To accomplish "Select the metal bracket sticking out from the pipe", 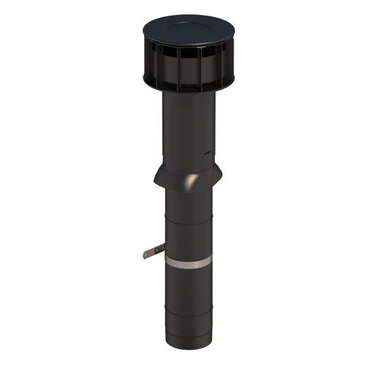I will tap(153, 251).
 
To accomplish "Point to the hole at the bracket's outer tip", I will tap(147, 253).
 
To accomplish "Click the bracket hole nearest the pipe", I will tap(158, 249).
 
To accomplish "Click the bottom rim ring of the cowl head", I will tap(189, 89).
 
